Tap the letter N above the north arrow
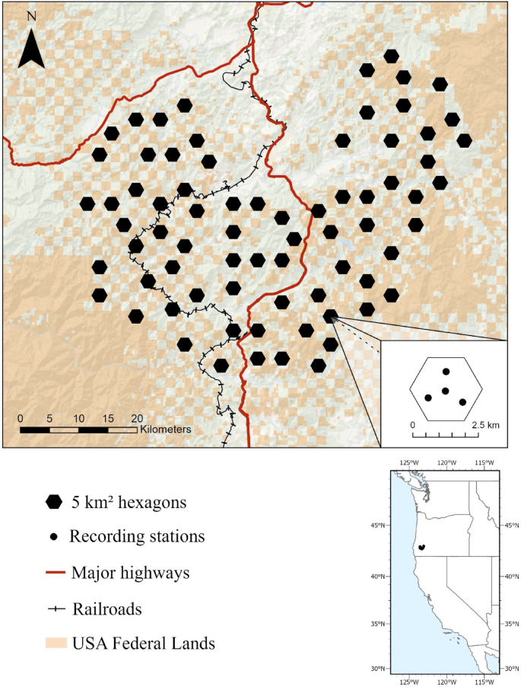[30, 16]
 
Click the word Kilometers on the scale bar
[165, 430]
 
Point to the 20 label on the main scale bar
[137, 418]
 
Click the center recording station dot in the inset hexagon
[446, 391]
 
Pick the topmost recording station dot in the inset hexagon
[446, 372]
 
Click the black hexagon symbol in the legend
[54, 501]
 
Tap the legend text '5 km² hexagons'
[129, 502]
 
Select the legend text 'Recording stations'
[137, 536]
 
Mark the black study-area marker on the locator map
[421, 547]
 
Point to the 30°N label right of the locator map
[511, 668]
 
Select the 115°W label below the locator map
[484, 680]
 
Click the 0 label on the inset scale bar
[413, 423]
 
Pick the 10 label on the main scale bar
[78, 418]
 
